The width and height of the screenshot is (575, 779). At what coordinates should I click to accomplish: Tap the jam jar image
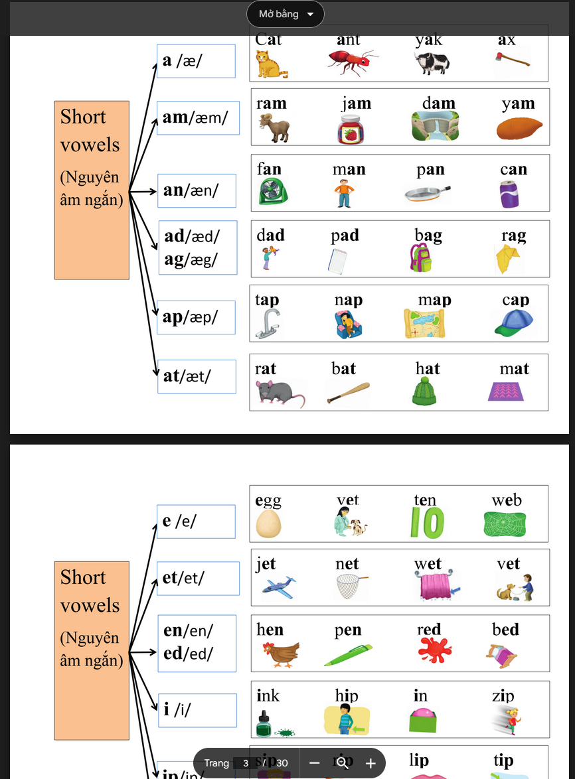pos(351,129)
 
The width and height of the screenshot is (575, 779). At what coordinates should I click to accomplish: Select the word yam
pos(518,104)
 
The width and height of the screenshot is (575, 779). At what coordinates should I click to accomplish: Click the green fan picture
pos(274,193)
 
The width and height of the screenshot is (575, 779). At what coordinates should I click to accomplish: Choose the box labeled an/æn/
pos(197,190)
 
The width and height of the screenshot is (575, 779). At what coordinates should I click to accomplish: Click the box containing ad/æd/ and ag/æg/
pos(197,248)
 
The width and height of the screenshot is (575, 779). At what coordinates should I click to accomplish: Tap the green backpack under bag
pos(422,258)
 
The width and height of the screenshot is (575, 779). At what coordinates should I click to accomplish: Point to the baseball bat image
pos(348,393)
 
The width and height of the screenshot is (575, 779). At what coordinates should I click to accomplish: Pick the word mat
pos(514,368)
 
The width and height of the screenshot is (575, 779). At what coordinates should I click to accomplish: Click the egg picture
pos(269,524)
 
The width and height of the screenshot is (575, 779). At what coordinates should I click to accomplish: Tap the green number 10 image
pos(427,523)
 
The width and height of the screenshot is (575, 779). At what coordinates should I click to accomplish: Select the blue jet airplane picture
pos(278,587)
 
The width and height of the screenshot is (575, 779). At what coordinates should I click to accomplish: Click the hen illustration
pos(280,654)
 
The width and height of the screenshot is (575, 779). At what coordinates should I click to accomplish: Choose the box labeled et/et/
pos(197,578)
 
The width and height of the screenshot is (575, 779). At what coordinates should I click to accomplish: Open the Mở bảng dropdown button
pos(286,14)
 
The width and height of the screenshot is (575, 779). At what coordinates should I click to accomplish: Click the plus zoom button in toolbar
pos(370,763)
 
